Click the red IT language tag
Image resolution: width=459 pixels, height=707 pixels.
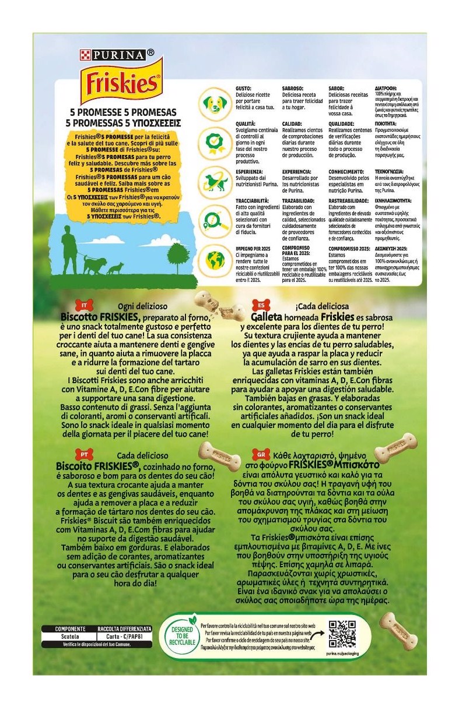click(x=85, y=305)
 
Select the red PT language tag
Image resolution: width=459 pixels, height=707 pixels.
click(x=83, y=455)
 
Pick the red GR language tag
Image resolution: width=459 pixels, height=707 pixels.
click(x=260, y=455)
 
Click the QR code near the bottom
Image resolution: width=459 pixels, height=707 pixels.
click(x=342, y=634)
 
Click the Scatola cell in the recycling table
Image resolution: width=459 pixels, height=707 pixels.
click(x=69, y=637)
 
